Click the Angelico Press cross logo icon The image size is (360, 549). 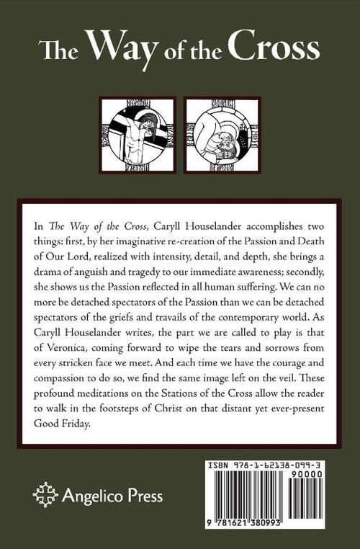[x=45, y=496]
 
